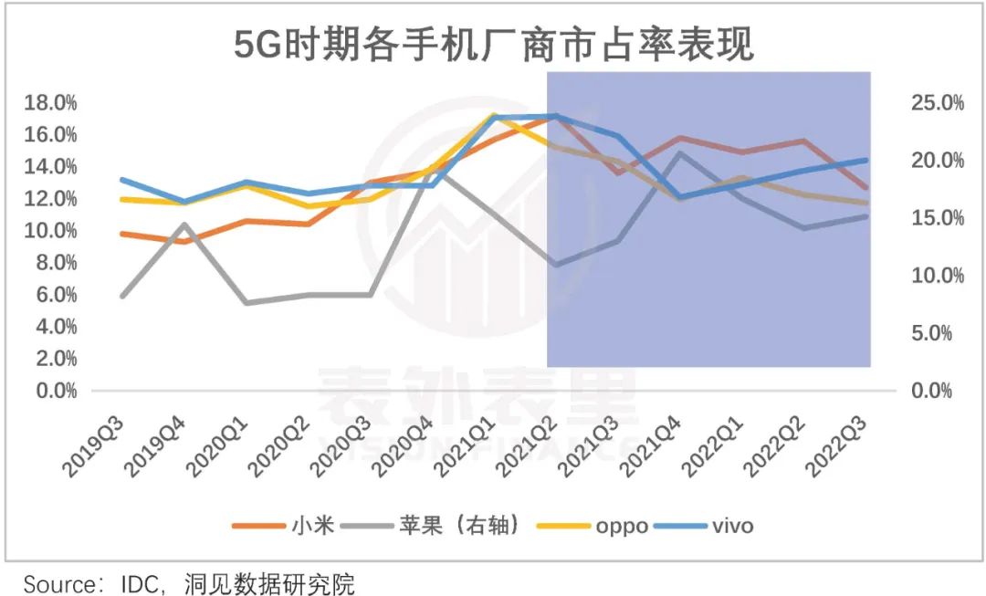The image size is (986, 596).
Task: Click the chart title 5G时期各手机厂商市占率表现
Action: point(494,43)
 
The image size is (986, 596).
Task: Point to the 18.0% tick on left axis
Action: point(50,102)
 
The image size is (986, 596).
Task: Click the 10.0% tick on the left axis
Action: point(50,231)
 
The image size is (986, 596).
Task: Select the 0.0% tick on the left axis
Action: point(54,391)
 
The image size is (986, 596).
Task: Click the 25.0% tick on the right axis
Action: point(937,102)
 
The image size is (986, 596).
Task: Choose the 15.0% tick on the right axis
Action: point(937,218)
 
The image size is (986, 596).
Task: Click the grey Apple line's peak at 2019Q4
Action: point(184,224)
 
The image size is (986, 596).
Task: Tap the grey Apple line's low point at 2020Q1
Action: point(246,302)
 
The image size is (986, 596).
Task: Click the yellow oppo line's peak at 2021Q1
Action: point(493,115)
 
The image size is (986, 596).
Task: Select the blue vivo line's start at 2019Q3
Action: point(122,180)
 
